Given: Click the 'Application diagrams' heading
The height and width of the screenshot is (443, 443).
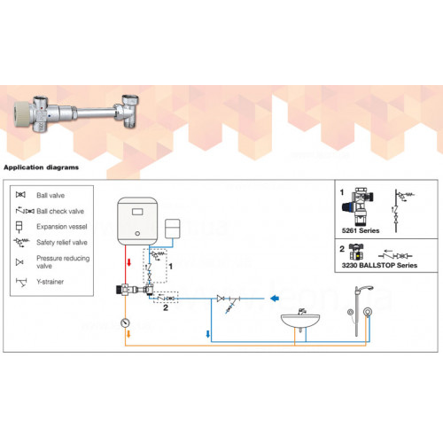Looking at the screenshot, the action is tap(42, 167).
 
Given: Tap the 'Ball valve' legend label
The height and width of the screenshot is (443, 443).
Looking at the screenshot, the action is tap(51, 195).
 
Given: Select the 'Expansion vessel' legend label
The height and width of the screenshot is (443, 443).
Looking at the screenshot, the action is tap(62, 227).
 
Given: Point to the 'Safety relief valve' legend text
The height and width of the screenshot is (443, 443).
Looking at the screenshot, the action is tap(62, 243).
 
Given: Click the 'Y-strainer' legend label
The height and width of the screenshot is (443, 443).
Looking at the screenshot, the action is tap(51, 282).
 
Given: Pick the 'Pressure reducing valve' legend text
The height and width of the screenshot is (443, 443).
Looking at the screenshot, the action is tap(63, 262).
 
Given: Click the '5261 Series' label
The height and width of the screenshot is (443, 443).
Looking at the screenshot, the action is tap(361, 230).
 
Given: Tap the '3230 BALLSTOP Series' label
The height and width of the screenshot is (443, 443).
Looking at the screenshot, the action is tap(379, 265).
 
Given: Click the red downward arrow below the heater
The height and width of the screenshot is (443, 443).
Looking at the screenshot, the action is tap(128, 262).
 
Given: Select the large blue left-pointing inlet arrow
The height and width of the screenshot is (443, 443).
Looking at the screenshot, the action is tap(275, 299).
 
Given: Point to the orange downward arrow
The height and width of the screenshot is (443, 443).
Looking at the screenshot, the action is tap(128, 334).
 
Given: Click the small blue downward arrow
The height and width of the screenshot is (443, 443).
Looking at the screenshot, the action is tap(208, 334).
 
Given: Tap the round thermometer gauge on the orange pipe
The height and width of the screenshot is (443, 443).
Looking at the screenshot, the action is tap(126, 323).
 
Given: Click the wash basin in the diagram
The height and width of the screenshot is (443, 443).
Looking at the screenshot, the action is tap(300, 320).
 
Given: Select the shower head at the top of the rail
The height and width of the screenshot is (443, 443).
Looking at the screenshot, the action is tap(364, 289).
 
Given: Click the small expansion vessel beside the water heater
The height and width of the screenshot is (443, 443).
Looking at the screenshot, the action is tap(173, 229).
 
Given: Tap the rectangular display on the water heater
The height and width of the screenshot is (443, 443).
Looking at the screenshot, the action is tap(137, 212).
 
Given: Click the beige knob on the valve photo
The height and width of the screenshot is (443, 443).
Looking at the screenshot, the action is tap(22, 114).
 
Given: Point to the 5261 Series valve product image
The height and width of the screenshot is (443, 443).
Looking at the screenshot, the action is tap(358, 206).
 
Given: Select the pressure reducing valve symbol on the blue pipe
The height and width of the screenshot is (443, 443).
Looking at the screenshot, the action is tap(221, 299).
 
